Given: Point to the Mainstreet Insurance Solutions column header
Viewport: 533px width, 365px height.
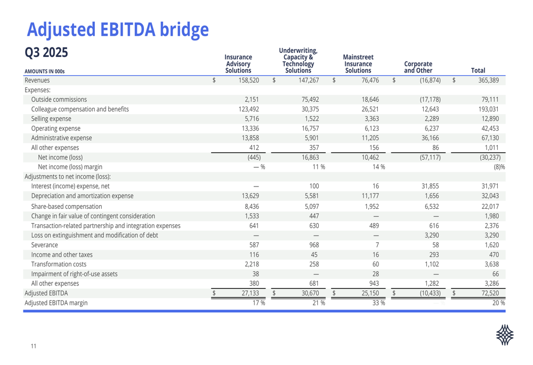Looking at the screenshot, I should point(358,63).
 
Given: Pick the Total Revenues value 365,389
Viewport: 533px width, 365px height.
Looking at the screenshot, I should point(487,80).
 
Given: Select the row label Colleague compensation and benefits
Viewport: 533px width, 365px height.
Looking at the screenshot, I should point(80,109).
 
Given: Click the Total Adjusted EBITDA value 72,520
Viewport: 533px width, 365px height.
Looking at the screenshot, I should point(488,293).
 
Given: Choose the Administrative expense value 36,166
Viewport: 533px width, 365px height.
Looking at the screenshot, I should point(429,138).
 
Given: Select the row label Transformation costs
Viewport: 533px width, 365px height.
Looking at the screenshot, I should point(59,264).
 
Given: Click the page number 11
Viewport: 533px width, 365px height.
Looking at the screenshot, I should point(34,347).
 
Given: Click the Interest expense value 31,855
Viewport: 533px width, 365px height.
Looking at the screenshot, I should point(429,186).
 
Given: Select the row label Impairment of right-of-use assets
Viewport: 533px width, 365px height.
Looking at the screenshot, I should point(74,274).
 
